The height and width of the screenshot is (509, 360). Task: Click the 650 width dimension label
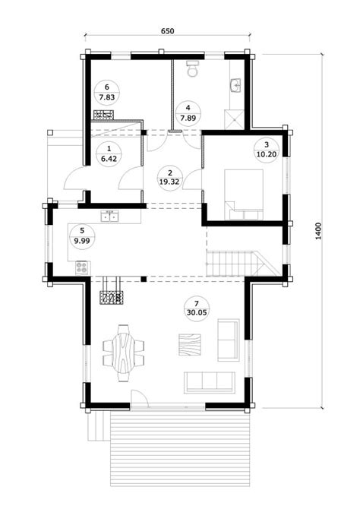coord(168,31)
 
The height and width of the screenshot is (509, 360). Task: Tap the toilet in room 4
coord(193,68)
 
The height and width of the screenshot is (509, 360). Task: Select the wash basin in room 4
coord(235,86)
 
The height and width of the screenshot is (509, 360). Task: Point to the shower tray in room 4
coord(234,119)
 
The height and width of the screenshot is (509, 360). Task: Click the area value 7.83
coord(107,97)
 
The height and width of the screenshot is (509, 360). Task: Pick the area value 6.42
coord(109,159)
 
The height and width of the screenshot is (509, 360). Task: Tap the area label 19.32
coord(169,182)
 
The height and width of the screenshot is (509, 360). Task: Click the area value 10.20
coord(267,154)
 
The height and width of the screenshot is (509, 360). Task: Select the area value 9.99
coord(82,241)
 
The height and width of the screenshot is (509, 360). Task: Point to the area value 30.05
coord(197,312)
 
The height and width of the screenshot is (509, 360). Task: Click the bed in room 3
coord(244,194)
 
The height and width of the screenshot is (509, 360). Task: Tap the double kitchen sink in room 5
coord(109,216)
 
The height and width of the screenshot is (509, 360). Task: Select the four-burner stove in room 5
coord(82,268)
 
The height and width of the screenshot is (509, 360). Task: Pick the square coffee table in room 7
coord(190,345)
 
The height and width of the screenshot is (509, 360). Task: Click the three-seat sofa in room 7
coord(210,382)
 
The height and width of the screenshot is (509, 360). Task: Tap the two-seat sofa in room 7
coord(228,340)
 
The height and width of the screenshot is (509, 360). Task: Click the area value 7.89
coord(188,118)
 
